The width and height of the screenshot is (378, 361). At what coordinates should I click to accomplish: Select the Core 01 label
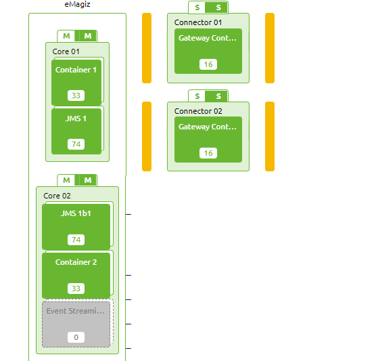pos(66,51)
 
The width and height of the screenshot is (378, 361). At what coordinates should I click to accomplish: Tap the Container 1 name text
pos(76,70)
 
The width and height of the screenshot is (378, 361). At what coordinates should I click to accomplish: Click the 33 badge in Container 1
pos(76,95)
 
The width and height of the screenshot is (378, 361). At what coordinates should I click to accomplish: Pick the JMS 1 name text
pos(76,119)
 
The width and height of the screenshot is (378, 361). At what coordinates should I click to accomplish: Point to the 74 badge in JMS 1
pos(76,144)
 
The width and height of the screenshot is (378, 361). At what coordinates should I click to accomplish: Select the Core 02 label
pos(57,196)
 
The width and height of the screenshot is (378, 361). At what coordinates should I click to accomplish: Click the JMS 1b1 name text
pos(76,213)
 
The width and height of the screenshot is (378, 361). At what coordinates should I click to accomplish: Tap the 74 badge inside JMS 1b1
pos(76,240)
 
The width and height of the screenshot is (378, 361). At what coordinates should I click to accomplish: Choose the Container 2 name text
pos(76,262)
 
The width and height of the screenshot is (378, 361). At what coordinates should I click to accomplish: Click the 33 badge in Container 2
pos(76,289)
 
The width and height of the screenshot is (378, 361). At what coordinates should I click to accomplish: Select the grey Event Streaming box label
pos(76,311)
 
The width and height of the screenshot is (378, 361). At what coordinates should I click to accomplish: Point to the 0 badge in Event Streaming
pos(76,337)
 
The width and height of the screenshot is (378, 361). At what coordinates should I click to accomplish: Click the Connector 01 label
pos(198,22)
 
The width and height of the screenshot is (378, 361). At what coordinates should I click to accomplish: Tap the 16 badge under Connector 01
pos(208,64)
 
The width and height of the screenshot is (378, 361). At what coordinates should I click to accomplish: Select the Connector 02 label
pos(198,111)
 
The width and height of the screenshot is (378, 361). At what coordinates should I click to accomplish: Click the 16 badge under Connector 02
pos(208,153)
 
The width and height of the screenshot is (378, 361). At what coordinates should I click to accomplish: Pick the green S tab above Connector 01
pos(218,8)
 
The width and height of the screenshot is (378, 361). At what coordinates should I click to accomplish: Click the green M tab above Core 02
pos(87,180)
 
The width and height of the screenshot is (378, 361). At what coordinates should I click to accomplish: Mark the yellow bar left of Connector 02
pos(147,136)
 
